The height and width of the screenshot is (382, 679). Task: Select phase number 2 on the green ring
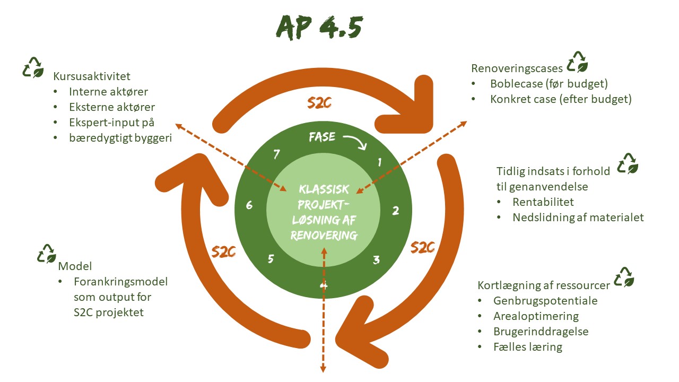(x=395, y=211)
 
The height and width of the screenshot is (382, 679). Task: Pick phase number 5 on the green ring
(x=271, y=259)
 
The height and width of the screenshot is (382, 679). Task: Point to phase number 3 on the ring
(x=376, y=259)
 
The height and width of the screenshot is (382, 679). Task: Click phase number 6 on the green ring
(x=249, y=205)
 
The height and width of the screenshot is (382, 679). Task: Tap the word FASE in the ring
(x=323, y=137)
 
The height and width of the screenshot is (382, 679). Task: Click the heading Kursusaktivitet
(x=92, y=76)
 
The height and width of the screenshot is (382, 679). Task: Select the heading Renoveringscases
(x=517, y=68)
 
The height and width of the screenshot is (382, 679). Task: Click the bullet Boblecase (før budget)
(x=549, y=84)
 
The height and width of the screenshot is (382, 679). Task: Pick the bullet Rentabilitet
(x=543, y=202)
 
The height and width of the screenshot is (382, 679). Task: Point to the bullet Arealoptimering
(x=536, y=316)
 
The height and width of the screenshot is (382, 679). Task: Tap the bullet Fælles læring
(x=527, y=347)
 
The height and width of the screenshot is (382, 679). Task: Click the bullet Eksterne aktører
(x=112, y=107)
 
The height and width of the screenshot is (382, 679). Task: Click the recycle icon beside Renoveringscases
(x=577, y=62)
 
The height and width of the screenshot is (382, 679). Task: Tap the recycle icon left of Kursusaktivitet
(x=33, y=67)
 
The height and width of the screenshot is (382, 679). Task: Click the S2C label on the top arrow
(x=319, y=103)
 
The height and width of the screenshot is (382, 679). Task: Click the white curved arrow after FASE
(x=355, y=141)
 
